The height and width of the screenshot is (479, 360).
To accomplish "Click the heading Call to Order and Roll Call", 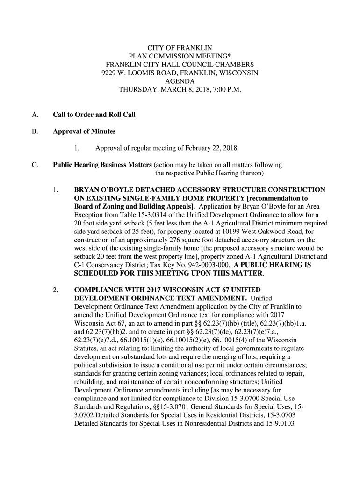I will pos(94,115).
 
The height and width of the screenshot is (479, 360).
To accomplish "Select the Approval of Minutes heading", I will pos(84,131).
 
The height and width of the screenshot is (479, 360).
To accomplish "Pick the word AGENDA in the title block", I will pos(180,81).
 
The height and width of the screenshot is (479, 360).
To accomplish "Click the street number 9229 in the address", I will pos(109,73).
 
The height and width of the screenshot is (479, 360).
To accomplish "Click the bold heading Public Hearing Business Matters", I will pos(102,165).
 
